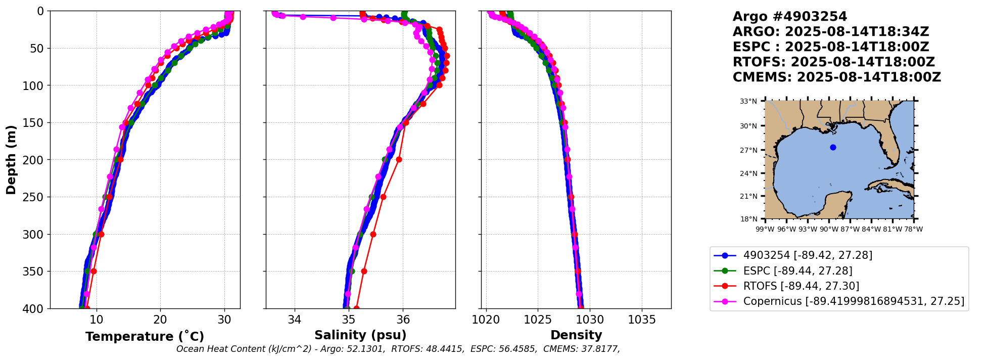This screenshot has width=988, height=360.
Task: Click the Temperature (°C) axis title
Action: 145,337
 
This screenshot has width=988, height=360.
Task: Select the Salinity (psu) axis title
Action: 360,335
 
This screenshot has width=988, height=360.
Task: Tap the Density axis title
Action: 576,335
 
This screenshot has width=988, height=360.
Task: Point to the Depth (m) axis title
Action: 11,159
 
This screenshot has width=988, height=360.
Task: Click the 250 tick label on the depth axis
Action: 35,197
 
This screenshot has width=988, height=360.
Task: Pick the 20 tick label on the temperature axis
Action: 160,320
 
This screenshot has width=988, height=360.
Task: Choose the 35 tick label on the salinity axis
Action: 349,320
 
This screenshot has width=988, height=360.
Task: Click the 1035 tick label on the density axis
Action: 642,320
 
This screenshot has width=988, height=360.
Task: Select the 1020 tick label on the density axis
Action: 486,320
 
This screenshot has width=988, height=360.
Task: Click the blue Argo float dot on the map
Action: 833,148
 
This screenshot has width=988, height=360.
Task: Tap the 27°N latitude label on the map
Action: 748,150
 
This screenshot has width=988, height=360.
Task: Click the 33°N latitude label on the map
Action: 748,101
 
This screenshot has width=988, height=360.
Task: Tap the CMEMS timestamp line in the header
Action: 836,77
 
